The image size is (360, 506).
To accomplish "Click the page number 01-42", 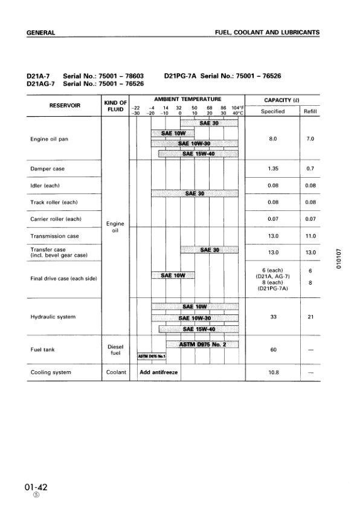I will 36,487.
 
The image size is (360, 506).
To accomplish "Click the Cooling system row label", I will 50,372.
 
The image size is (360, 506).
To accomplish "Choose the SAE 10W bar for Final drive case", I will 171,276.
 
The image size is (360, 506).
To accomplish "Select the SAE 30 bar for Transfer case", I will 210,250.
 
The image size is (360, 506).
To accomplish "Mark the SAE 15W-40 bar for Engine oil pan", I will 198,153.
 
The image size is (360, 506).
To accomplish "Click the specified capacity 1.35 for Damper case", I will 272,168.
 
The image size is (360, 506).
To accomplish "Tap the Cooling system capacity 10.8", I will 272,372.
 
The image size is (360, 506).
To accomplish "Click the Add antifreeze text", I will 159,372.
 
